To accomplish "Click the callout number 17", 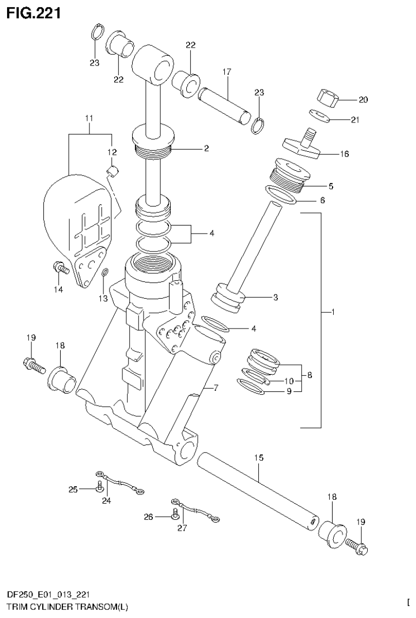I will tap(226, 72).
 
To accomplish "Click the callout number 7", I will tap(215, 388).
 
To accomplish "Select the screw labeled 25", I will tap(98, 490).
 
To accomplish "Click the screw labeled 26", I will tap(173, 517).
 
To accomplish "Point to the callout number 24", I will tap(106, 500).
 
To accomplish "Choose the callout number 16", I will tap(344, 154).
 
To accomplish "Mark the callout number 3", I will tap(276, 297).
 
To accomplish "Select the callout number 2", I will tap(206, 147).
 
